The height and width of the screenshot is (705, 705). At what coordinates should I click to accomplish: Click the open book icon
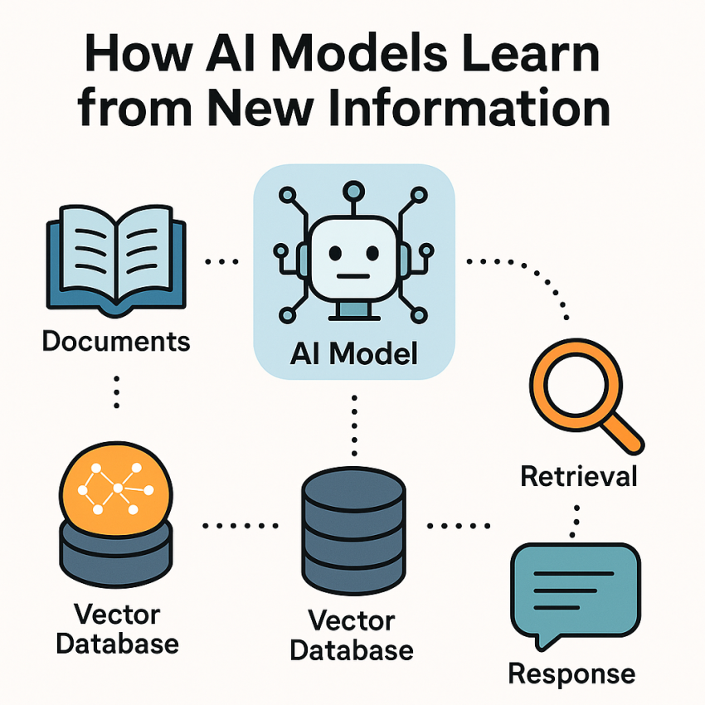[116, 260]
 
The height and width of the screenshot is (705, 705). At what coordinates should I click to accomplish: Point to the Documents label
[116, 341]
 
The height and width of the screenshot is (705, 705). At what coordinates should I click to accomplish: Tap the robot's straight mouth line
[353, 276]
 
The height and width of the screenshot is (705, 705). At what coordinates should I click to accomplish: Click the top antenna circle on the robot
[353, 191]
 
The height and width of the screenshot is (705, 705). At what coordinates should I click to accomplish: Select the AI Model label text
[354, 354]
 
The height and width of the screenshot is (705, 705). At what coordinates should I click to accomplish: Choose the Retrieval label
[579, 476]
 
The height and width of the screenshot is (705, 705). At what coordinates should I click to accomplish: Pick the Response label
[572, 674]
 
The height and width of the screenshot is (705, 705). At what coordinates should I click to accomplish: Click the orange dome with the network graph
[116, 489]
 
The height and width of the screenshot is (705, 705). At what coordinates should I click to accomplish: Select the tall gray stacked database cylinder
[354, 531]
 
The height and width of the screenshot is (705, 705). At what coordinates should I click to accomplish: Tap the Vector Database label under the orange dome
[117, 629]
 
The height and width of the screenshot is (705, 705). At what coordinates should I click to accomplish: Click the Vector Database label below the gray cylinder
[352, 635]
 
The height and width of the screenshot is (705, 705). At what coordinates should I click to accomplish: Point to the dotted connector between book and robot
[221, 261]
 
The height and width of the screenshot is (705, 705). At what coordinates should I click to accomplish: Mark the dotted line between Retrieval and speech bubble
[575, 522]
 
